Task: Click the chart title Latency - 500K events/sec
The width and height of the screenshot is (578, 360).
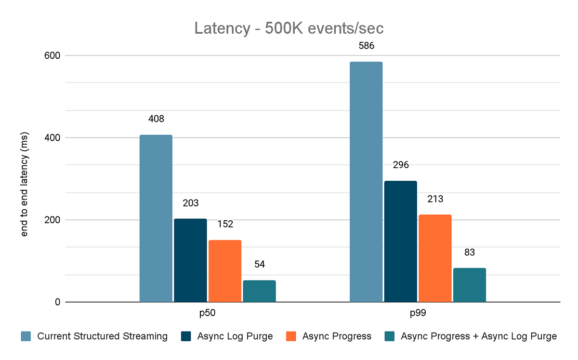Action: pyautogui.click(x=289, y=28)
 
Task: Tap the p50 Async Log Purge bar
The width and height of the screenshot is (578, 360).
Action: pyautogui.click(x=190, y=260)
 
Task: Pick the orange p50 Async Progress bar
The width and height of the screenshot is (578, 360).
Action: pyautogui.click(x=225, y=271)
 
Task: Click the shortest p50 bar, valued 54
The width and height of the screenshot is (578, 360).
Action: pyautogui.click(x=259, y=291)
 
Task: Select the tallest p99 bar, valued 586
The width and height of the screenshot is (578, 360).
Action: pyautogui.click(x=366, y=182)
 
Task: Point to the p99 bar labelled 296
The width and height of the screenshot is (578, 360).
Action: pyautogui.click(x=401, y=241)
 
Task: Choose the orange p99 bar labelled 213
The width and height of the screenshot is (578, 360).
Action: pyautogui.click(x=435, y=258)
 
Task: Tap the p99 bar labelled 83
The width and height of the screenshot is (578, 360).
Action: pyautogui.click(x=470, y=285)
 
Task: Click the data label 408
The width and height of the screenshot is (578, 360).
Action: pyautogui.click(x=156, y=119)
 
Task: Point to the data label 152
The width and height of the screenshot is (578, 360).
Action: pyautogui.click(x=225, y=224)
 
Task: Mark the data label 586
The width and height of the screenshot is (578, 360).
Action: pyautogui.click(x=366, y=46)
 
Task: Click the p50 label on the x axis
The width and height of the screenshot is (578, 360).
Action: pyautogui.click(x=208, y=314)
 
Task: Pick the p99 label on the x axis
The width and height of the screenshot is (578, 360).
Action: pyautogui.click(x=418, y=314)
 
